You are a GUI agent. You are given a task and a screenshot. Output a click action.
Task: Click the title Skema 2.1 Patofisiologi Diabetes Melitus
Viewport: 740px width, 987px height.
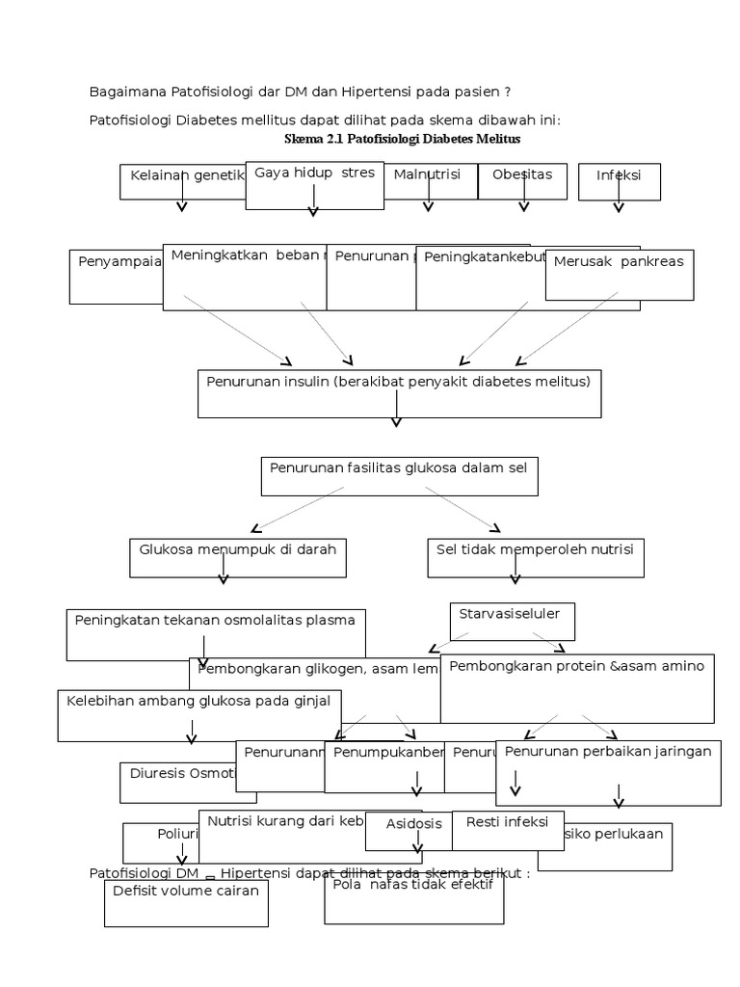402,139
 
